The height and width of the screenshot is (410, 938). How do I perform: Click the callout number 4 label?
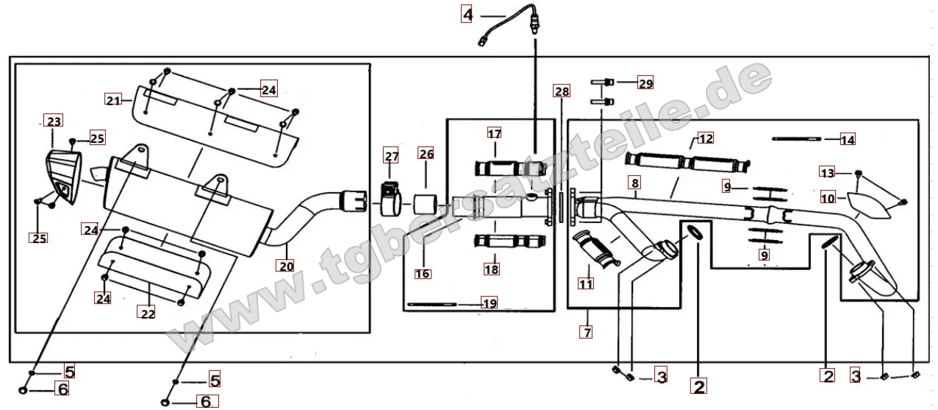467,15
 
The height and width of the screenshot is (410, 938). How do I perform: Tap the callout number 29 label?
645,83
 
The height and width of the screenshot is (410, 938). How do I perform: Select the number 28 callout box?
562,91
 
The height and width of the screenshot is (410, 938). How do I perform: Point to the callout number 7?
587,332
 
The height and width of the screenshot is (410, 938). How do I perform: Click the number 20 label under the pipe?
287,266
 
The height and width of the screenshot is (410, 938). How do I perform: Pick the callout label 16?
423,273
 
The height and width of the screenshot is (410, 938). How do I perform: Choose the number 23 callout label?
54,121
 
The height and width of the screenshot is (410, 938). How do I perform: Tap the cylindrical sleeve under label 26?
426,204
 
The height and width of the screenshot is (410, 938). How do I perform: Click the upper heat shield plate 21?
215,126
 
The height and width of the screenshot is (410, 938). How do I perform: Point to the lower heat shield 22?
154,267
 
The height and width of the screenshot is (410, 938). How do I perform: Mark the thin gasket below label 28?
561,208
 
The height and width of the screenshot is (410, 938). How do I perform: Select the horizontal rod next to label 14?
797,139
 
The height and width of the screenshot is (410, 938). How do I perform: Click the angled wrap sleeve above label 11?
595,249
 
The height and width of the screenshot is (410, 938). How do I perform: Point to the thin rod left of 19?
432,304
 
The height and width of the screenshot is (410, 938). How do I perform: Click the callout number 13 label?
828,173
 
